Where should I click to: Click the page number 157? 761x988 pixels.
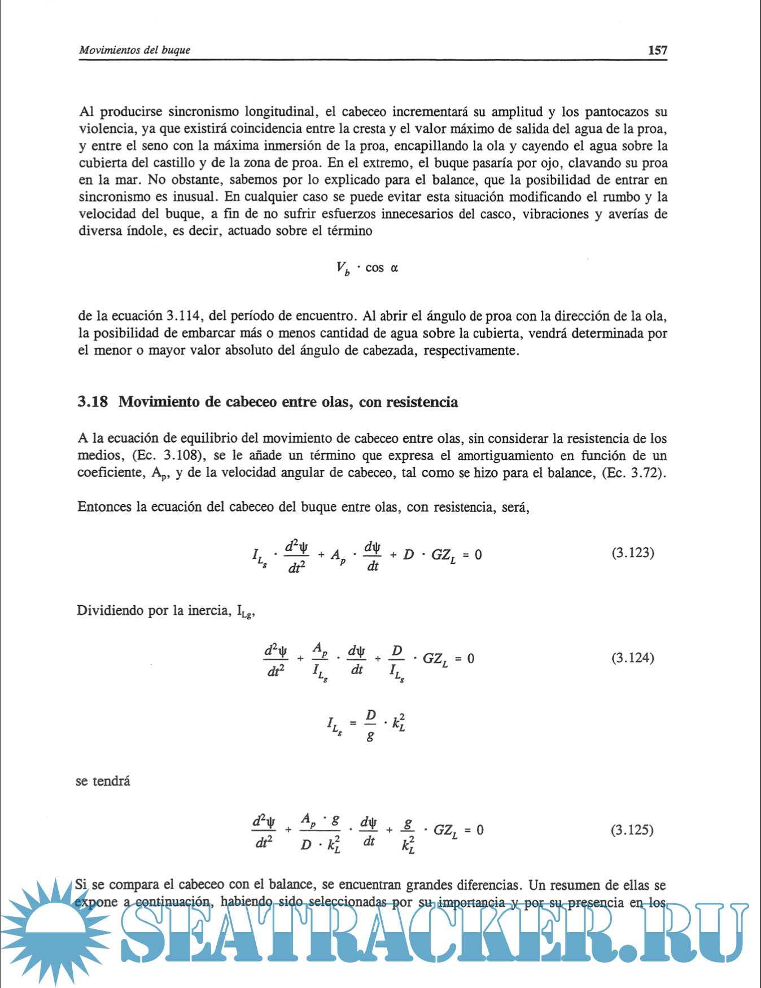pos(657,50)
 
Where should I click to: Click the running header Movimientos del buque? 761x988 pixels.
pos(134,50)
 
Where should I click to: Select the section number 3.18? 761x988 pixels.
pos(93,402)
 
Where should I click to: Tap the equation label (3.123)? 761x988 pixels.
pos(633,553)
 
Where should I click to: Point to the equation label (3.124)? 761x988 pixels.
pos(632,658)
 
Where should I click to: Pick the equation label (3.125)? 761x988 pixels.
pos(632,830)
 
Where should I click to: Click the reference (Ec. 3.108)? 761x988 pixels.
pos(167,456)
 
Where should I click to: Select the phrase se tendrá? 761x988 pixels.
pos(103,781)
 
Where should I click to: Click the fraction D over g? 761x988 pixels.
pos(370,724)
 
